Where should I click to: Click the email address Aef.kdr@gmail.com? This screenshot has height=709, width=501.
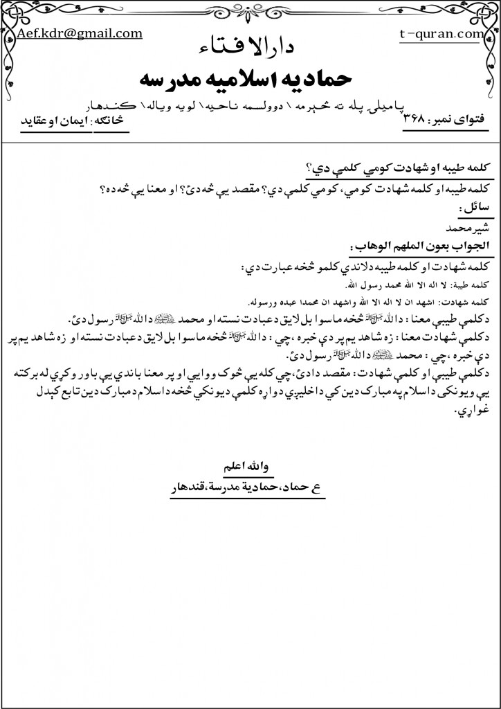tap(80, 33)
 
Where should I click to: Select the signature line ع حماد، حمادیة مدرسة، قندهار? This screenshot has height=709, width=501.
tap(250, 487)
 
